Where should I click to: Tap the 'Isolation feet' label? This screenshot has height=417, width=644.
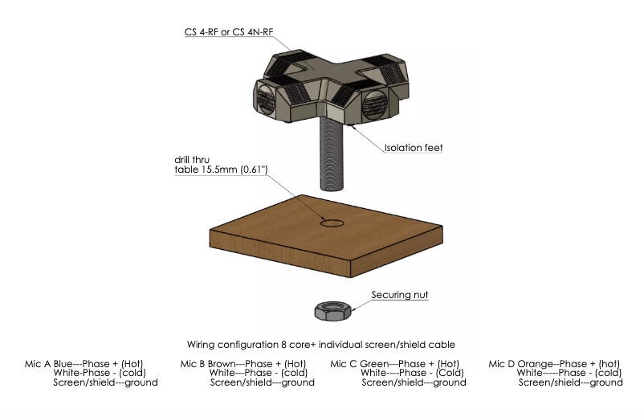point(414,148)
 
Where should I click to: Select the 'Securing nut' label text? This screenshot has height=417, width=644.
point(399,296)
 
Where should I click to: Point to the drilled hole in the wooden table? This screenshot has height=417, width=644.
point(332,222)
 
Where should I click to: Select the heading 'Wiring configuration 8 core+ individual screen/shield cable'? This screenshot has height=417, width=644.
point(321,343)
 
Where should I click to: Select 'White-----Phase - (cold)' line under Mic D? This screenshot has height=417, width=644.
point(569,373)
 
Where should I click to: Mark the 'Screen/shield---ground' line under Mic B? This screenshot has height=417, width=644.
point(262,382)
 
